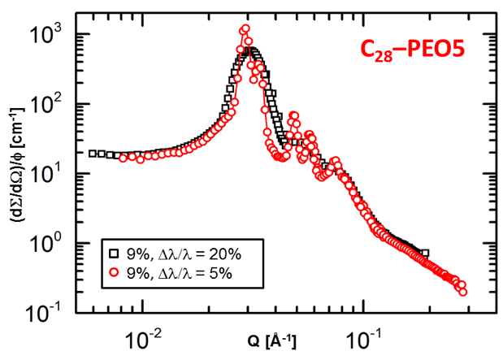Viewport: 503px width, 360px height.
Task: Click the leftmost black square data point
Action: (92, 153)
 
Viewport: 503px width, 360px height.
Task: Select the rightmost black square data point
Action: (425, 253)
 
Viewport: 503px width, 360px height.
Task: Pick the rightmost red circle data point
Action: (463, 291)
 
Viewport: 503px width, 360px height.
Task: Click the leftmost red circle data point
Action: (124, 158)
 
